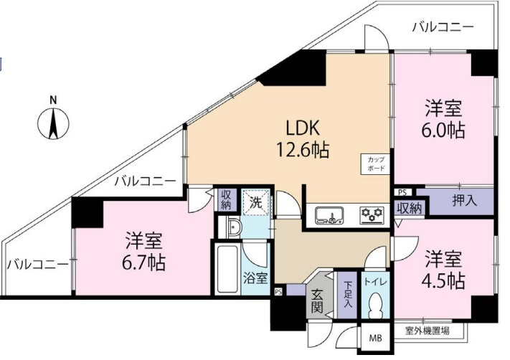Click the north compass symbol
point(53,121)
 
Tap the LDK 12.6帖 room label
point(303,139)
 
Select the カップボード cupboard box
point(376,164)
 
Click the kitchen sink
point(329,215)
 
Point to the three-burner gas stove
point(372,215)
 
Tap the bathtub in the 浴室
point(227,269)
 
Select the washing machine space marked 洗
point(255,203)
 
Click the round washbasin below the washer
point(233,227)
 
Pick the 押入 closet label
point(465,201)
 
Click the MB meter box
point(376,338)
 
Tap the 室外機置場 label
point(428,331)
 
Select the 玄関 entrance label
point(317,300)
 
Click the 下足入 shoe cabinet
point(348,295)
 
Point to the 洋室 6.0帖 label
point(443,120)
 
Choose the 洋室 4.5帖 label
point(443,270)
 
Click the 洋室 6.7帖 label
point(143,252)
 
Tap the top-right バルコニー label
point(443,27)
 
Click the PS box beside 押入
point(402,192)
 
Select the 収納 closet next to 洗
point(226,199)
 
